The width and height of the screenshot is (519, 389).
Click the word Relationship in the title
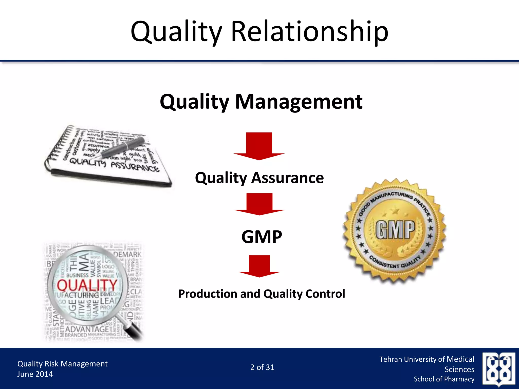310,32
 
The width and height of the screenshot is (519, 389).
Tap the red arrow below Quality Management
259,146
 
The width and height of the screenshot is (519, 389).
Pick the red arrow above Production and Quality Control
259,266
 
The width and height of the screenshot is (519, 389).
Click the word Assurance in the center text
287,178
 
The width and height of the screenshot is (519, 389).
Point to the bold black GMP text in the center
262,237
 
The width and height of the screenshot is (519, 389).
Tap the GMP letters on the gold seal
395,230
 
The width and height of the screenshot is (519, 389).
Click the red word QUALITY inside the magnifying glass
87,285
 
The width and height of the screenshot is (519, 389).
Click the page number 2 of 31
262,367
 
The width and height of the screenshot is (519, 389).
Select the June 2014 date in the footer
35,374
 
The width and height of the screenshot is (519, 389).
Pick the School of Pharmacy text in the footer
444,379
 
